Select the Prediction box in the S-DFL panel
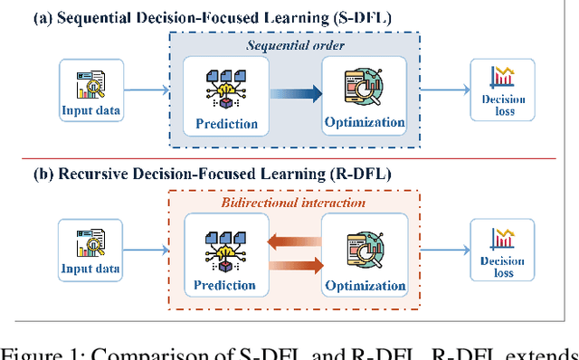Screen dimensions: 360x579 225,97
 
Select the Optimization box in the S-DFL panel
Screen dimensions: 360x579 365,97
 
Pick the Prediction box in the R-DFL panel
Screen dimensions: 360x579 225,253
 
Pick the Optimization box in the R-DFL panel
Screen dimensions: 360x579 365,253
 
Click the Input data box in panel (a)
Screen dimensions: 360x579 90,90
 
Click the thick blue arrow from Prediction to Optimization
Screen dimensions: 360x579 295,90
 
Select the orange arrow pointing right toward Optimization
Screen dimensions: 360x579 295,264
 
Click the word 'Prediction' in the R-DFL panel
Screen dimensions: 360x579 225,286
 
